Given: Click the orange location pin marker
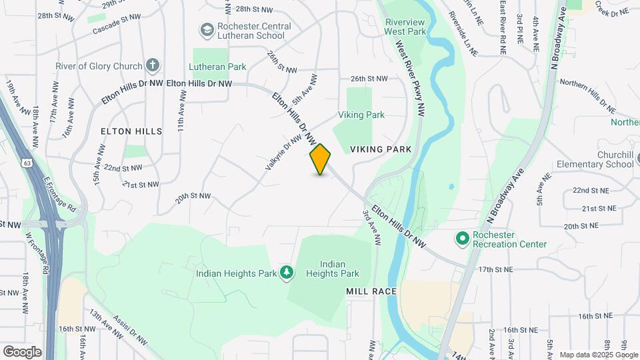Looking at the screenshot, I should pos(321,159).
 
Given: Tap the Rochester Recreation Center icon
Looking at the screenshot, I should pos(461,238).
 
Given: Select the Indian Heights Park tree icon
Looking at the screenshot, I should pos(287,271).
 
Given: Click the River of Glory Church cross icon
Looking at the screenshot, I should pos(153,65).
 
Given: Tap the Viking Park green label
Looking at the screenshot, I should pos(361,115).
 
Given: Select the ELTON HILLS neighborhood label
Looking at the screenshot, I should pos(131,131).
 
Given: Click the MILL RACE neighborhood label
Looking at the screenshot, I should pos(371,291).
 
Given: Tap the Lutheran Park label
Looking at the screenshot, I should pos(217,67).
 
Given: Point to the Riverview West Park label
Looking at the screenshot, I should pos(405,27).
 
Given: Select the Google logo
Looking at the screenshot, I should pos(22,351).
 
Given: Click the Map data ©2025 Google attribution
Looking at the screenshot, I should pos(597,355).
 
